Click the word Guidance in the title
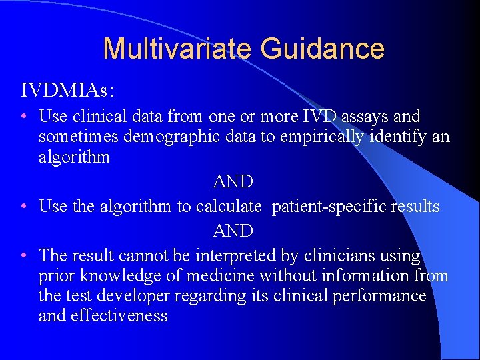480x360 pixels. coord(323,49)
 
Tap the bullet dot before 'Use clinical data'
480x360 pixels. coord(24,117)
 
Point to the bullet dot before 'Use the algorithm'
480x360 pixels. coord(24,207)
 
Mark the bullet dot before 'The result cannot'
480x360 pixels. coord(24,255)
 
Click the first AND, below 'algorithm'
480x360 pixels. coord(233,182)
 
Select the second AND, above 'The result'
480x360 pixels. coord(233,231)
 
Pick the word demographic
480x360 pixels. coord(176,137)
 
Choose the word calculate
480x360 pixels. coord(229,207)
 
